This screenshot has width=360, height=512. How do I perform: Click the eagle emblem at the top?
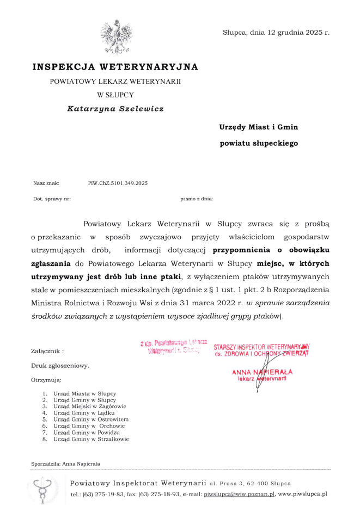pyautogui.click(x=115, y=36)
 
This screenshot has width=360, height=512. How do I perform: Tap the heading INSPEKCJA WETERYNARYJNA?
pyautogui.click(x=115, y=67)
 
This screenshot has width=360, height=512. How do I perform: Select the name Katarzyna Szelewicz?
pyautogui.click(x=115, y=108)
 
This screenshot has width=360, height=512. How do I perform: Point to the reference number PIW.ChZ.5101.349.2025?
pyautogui.click(x=118, y=183)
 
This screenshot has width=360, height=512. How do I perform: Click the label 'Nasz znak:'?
pyautogui.click(x=46, y=183)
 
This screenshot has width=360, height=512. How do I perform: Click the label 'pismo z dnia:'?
pyautogui.click(x=197, y=199)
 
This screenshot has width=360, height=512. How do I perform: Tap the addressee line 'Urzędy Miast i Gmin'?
pyautogui.click(x=259, y=127)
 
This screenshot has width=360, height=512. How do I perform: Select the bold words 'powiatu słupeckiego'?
pyautogui.click(x=259, y=144)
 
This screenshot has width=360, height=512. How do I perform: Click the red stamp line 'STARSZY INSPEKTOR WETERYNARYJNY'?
pyautogui.click(x=261, y=346)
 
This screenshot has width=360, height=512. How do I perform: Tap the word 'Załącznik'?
pyautogui.click(x=46, y=351)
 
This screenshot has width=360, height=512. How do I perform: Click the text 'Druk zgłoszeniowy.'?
pyautogui.click(x=60, y=366)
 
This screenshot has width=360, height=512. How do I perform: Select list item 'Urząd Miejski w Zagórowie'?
pyautogui.click(x=90, y=406)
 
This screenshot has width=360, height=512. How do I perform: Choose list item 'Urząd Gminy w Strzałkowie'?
pyautogui.click(x=91, y=439)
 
